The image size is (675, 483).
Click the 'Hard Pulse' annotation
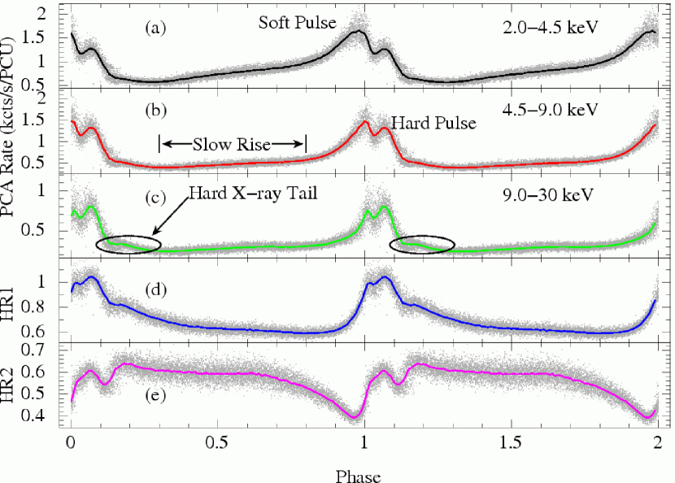(432, 124)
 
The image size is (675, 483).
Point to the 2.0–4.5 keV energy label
(551, 28)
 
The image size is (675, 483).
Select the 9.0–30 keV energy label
(551, 195)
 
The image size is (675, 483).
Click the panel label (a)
(155, 28)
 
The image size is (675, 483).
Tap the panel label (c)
(155, 195)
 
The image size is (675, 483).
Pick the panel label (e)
(155, 381)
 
